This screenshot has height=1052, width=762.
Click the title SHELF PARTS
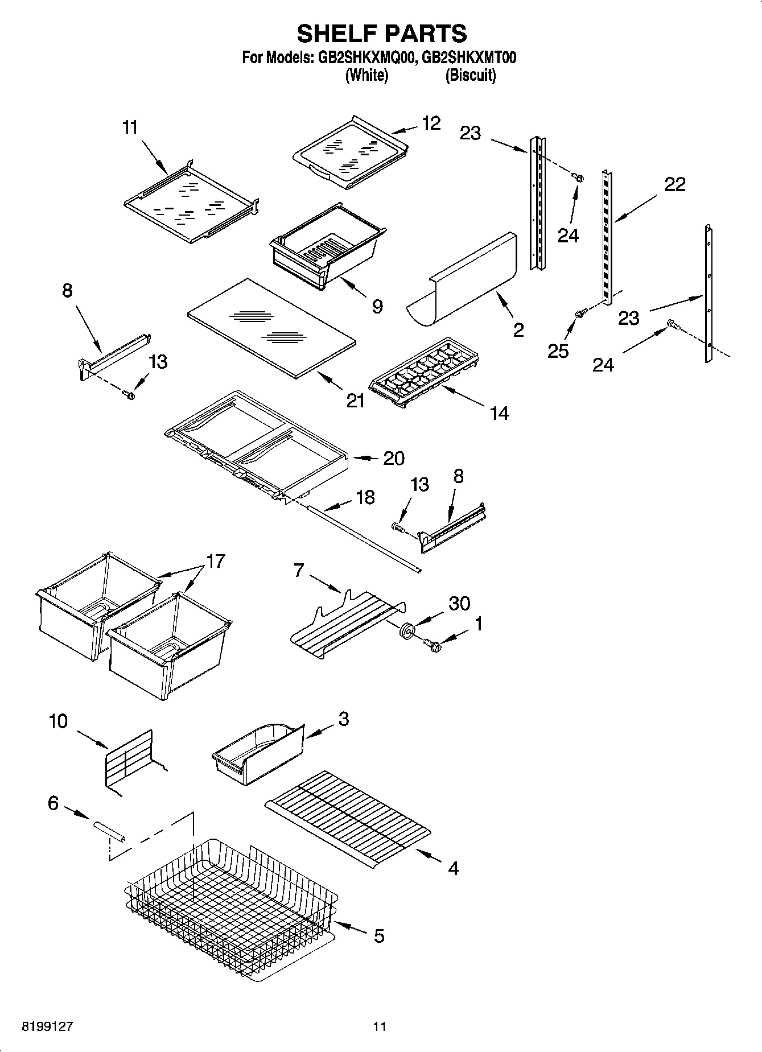(x=382, y=34)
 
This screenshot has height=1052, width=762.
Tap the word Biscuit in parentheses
(x=470, y=76)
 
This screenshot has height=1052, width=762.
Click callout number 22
(x=674, y=184)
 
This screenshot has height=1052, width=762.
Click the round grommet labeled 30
(x=407, y=630)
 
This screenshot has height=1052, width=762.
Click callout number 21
(x=356, y=401)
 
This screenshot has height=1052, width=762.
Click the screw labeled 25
(x=581, y=313)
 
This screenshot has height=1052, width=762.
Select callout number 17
(x=216, y=561)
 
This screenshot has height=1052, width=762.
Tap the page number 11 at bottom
(x=380, y=1026)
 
